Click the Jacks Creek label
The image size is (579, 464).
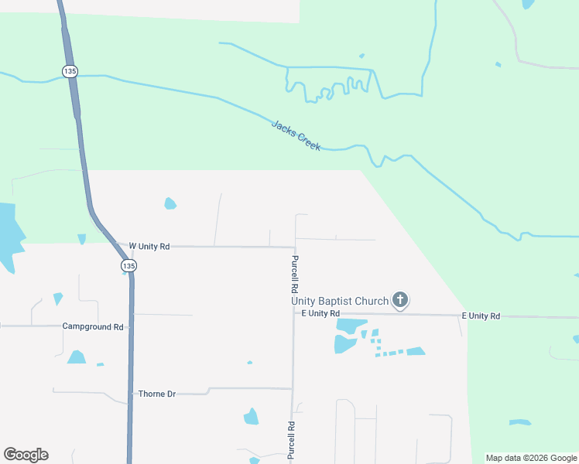pos(296,135)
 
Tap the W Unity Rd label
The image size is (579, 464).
pos(149,246)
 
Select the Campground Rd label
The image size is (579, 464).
pos(93,327)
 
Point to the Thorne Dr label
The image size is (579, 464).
pos(156,394)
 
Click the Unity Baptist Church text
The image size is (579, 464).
pos(339,301)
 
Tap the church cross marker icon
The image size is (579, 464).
pos(400,299)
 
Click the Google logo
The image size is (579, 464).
pos(26,455)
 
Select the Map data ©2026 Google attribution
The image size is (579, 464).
pos(530,458)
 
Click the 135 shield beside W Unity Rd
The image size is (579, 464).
pos(128,266)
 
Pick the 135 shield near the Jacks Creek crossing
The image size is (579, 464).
pos(70,71)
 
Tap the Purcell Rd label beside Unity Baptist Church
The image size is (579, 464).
pos(295,271)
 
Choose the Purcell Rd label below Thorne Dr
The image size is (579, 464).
pos(292,441)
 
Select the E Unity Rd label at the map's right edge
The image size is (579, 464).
pos(481,316)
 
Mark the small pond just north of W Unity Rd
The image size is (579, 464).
pos(170,204)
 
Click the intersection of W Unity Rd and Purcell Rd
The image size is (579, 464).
pos(294,247)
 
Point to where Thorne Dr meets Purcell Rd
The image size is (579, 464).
pos(293,388)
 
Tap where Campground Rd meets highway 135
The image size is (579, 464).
pos(132,326)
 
